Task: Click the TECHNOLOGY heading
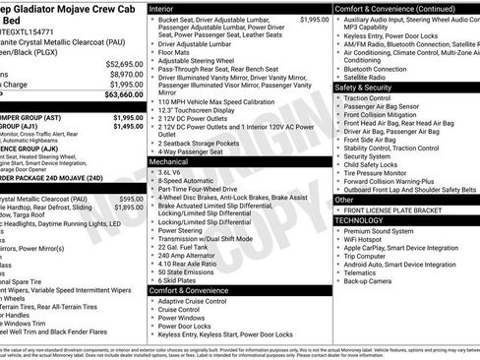coord(364,219)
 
